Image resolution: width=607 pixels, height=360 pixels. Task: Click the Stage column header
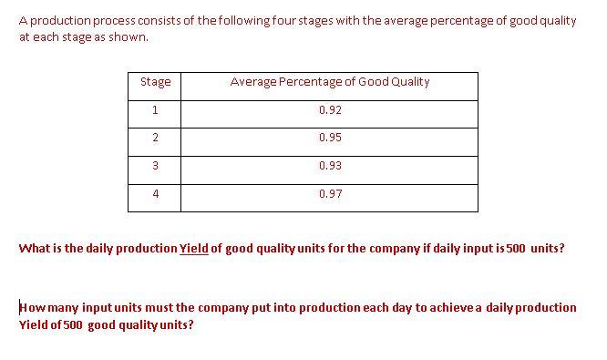click(155, 82)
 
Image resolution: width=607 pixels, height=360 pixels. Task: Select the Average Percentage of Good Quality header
click(330, 82)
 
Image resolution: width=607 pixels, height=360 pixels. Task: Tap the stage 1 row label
click(155, 110)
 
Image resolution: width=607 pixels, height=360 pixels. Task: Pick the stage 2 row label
click(155, 138)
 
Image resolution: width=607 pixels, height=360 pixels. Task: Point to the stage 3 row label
click(155, 166)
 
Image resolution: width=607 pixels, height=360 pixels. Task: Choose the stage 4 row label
click(155, 194)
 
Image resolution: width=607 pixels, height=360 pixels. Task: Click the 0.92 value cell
click(330, 110)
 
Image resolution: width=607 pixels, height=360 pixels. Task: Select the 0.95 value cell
click(330, 138)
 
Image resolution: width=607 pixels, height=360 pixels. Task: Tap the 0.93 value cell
click(330, 166)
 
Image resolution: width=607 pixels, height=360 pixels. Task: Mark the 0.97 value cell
click(330, 194)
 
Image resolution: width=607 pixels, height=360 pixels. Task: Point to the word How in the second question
click(31, 307)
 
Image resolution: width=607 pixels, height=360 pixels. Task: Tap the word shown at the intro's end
click(128, 37)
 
